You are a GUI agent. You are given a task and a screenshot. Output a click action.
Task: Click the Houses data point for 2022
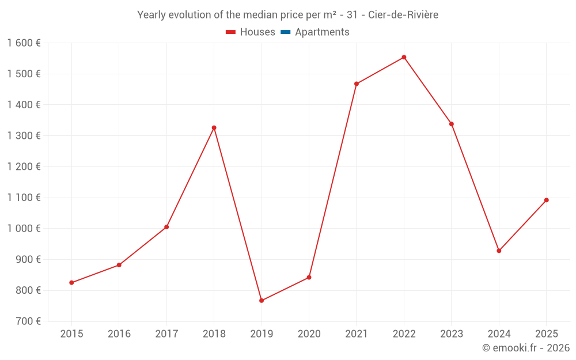tap(404, 57)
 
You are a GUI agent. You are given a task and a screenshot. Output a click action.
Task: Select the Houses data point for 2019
tap(262, 300)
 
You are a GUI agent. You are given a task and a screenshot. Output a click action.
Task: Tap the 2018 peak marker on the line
tap(214, 127)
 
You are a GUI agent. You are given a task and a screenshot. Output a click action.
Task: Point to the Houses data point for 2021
tap(357, 84)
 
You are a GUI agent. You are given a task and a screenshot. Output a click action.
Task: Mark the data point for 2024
tap(499, 251)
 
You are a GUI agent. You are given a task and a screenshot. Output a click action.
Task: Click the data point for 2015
tap(71, 282)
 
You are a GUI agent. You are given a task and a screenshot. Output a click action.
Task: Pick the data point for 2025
tap(546, 200)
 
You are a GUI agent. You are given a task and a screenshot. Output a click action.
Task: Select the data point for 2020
tap(309, 277)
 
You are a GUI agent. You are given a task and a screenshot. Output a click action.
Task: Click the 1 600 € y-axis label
tap(24, 43)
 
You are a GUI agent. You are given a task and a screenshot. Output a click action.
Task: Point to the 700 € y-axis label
tap(28, 321)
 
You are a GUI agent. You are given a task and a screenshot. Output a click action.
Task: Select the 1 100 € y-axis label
tap(24, 197)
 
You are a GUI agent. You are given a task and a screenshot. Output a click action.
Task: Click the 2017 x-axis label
tap(166, 334)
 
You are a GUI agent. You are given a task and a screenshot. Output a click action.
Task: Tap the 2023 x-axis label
tap(451, 334)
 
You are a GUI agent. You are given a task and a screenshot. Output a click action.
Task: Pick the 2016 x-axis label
tap(119, 334)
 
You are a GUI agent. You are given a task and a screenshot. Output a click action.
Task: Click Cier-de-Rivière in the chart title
tap(403, 15)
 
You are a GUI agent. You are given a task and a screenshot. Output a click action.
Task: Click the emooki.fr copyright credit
tap(526, 348)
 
